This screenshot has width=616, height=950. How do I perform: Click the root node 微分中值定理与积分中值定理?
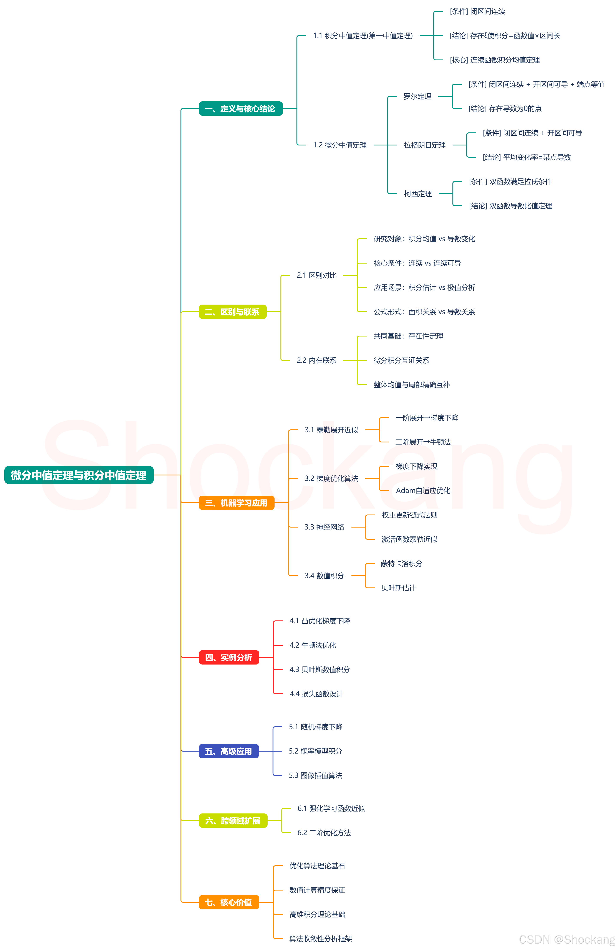point(79,475)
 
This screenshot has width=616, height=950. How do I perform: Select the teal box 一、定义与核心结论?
point(240,109)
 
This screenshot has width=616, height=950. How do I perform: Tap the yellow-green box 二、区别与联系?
point(232,312)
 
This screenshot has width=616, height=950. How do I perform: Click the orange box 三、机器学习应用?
point(237,503)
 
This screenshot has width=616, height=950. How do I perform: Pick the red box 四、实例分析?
point(229,657)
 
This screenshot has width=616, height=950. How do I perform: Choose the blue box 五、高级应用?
point(229,751)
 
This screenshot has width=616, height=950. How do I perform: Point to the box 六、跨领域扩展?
point(233,821)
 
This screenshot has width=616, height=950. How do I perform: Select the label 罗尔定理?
point(417,97)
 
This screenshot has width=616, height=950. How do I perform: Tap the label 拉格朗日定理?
point(425,145)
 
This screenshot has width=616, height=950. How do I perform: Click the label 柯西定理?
point(418,194)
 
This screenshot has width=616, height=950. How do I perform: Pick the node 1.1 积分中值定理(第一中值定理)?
point(363,36)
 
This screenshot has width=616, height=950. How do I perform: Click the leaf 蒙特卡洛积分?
point(401,564)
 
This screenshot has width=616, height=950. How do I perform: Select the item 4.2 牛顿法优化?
point(313,645)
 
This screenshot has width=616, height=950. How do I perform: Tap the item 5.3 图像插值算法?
point(316,775)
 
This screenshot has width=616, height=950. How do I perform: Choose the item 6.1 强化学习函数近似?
point(331,808)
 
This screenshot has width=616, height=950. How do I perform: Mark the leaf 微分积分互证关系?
point(401,360)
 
